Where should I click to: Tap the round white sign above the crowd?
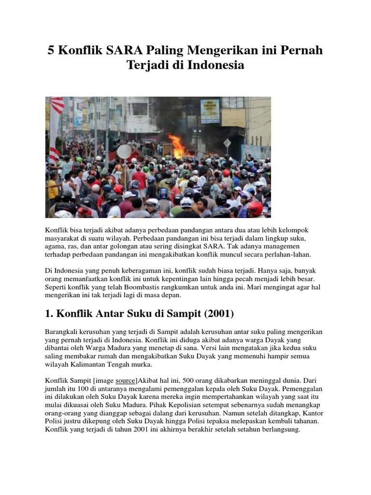(x=124, y=151)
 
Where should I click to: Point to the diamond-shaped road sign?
(x=227, y=143)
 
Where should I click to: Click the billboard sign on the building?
(x=210, y=111)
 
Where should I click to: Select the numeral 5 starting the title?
(x=51, y=50)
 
